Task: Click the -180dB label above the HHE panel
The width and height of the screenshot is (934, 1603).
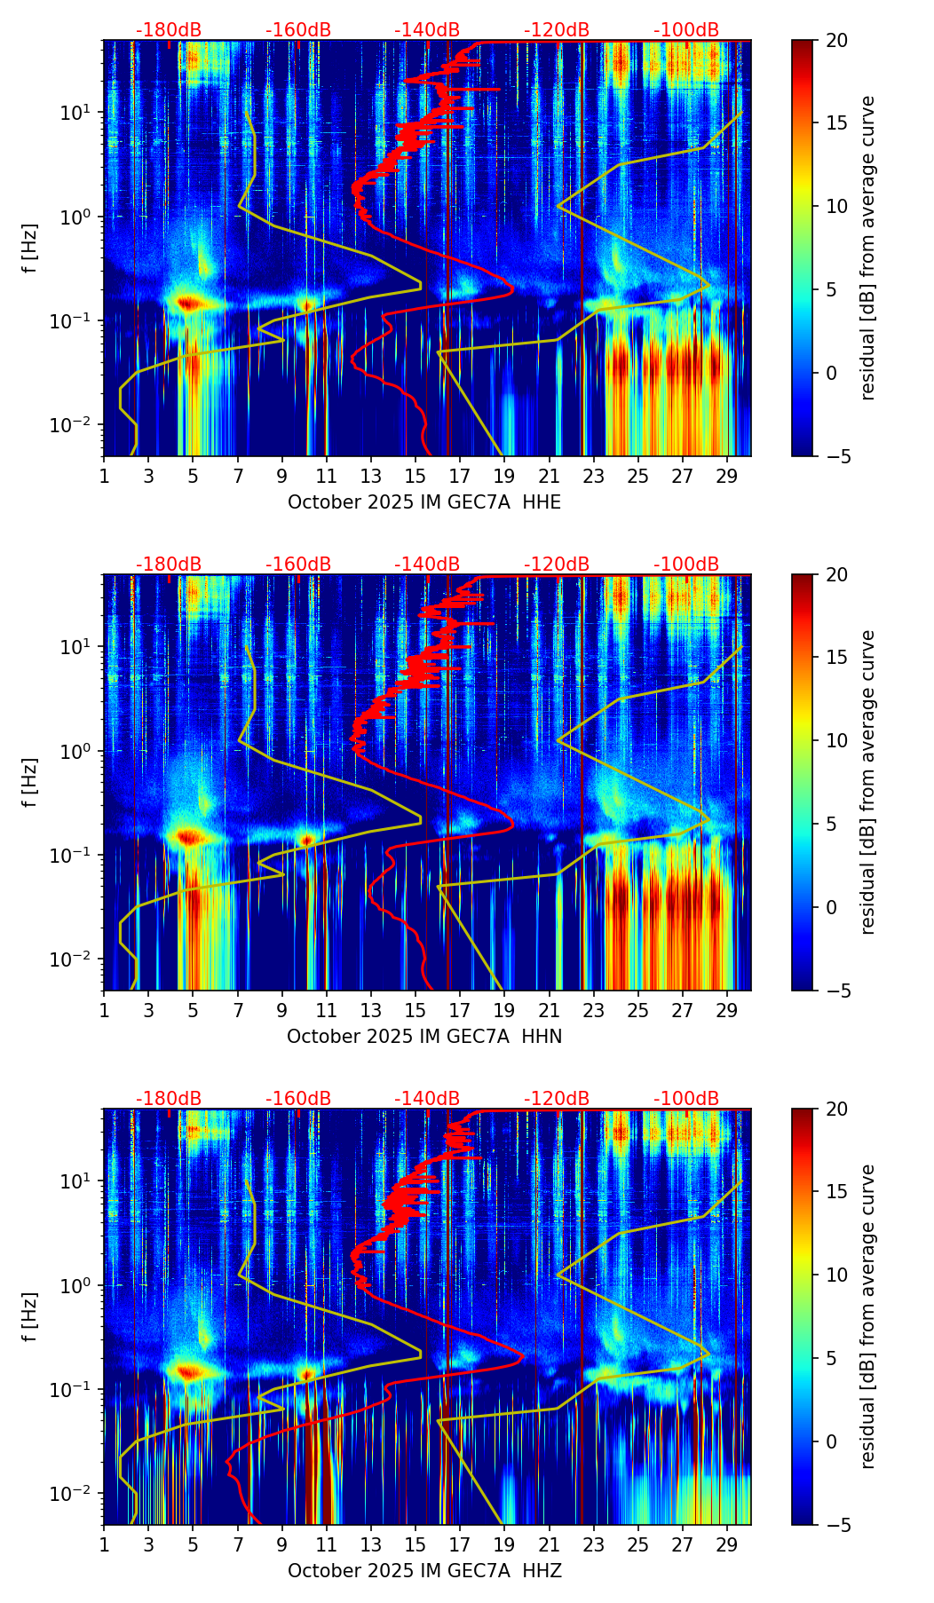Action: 169,30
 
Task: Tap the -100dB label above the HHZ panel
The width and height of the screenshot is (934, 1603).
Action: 686,1099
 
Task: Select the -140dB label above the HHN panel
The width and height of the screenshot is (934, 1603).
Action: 427,565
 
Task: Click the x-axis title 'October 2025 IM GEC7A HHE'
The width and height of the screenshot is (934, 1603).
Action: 424,502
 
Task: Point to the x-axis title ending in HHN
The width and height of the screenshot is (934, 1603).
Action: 424,1037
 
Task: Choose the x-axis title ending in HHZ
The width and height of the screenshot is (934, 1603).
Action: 424,1571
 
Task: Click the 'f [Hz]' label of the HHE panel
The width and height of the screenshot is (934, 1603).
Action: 30,249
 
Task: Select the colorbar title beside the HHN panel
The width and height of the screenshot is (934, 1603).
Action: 868,782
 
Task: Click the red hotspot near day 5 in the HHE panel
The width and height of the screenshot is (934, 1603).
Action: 189,304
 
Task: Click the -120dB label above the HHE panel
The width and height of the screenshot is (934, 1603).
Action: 557,30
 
